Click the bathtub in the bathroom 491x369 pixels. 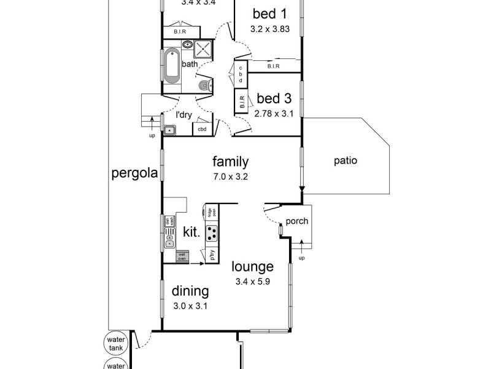click(x=171, y=66)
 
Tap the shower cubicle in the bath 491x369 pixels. click(x=204, y=49)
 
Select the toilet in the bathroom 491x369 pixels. click(x=205, y=85)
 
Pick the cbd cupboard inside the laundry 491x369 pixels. click(x=202, y=129)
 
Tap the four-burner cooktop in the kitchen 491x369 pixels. click(x=212, y=233)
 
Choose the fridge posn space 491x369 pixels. click(x=210, y=213)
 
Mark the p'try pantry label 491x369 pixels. click(x=211, y=256)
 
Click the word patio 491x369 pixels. click(x=346, y=161)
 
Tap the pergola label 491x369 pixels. click(x=134, y=173)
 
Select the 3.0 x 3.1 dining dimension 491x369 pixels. click(x=190, y=304)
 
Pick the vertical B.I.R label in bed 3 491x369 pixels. click(x=242, y=101)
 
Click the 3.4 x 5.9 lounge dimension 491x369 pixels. click(x=252, y=282)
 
